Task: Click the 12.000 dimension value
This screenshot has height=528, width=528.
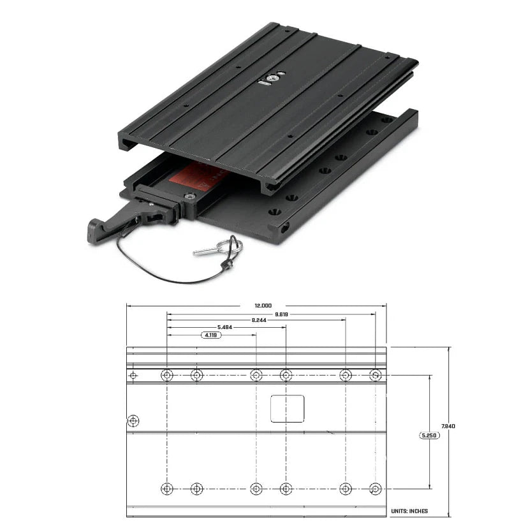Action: point(254,305)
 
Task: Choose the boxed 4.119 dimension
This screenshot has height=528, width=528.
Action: point(211,335)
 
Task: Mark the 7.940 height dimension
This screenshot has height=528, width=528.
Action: point(449,426)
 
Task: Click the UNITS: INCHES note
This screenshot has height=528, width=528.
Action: point(409,511)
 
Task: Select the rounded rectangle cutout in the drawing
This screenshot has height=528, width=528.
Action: point(288,408)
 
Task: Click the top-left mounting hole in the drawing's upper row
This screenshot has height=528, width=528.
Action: point(167,375)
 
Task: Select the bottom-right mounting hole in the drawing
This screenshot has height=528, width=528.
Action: point(375,489)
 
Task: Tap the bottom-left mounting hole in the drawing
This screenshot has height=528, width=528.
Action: point(167,489)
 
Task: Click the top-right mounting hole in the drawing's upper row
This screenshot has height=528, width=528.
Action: point(375,375)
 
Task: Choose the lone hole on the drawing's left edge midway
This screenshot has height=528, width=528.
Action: point(133,422)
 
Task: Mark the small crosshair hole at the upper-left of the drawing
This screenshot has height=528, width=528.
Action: point(133,375)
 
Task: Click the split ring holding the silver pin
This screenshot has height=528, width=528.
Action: point(233,246)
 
